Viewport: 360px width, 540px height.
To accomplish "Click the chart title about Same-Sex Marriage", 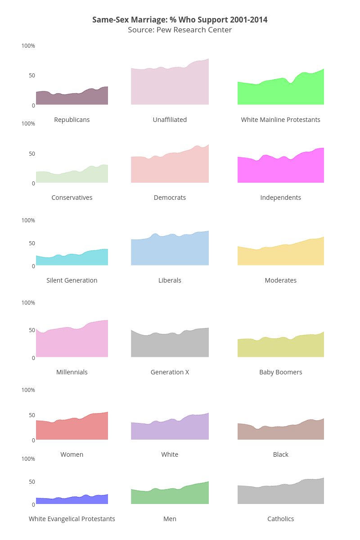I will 180,20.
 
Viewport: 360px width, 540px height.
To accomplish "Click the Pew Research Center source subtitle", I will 180,30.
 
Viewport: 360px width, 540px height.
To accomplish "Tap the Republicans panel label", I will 72,120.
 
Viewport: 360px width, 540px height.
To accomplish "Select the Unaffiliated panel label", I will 170,120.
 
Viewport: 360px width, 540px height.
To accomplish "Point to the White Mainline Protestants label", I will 280,120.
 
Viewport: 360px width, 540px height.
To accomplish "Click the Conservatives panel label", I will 72,198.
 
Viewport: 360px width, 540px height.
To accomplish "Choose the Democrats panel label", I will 170,198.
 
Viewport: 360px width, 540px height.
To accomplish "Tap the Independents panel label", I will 280,198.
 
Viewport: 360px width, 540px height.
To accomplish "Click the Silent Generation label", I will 72,280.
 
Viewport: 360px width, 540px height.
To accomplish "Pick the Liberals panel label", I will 170,280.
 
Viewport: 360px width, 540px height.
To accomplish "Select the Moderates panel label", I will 280,280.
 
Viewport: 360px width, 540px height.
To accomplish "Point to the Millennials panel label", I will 72,372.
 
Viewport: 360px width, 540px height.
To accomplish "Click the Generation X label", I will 170,372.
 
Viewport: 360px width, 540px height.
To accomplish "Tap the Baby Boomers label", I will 280,372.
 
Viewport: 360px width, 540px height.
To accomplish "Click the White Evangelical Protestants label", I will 72,519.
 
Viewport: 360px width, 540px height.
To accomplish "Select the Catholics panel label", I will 280,519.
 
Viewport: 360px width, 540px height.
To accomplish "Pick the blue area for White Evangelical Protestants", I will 72,500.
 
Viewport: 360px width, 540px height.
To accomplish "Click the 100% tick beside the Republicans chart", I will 28,46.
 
